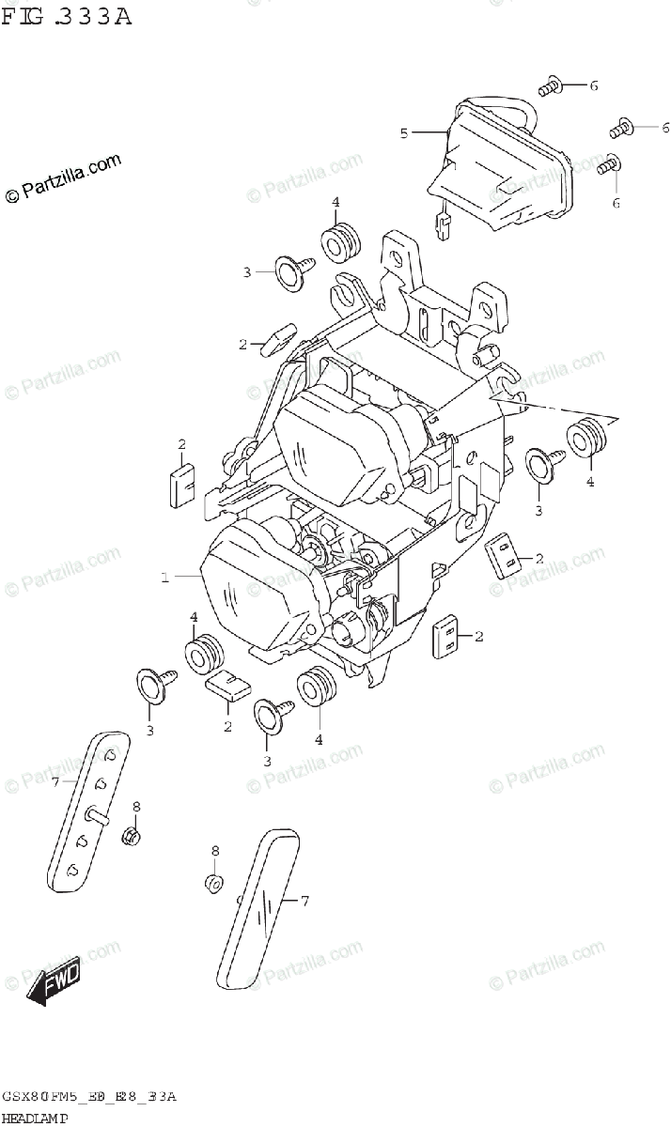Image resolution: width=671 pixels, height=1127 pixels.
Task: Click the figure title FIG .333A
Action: [66, 16]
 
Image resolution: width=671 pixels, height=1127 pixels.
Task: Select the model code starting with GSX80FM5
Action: [89, 1097]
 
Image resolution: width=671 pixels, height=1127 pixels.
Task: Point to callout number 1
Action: [164, 579]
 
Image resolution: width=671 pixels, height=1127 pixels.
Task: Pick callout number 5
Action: [404, 133]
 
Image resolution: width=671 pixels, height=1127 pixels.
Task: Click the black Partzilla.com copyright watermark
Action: [64, 178]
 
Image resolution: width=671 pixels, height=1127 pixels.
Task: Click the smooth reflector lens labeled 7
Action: [257, 905]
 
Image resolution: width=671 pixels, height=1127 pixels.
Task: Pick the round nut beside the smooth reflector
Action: [214, 882]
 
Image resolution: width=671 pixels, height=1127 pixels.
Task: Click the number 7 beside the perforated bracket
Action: [55, 781]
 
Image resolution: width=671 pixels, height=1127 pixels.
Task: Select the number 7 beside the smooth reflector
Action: [304, 902]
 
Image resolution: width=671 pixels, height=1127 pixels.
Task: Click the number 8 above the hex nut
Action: [135, 807]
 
